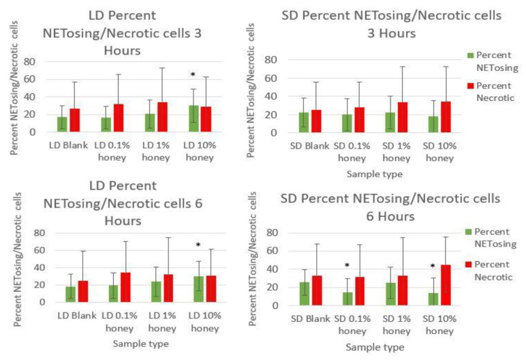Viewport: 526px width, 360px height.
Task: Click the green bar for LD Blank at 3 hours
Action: [62, 124]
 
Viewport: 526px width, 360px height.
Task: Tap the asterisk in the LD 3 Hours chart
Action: [194, 75]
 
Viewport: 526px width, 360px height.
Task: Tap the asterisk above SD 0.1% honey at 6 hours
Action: [347, 266]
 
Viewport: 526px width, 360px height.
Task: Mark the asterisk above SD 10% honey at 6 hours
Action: [433, 267]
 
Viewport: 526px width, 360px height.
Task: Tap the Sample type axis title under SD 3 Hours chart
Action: [374, 174]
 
